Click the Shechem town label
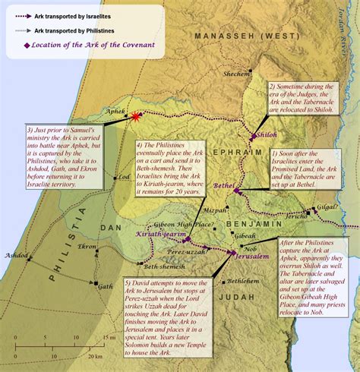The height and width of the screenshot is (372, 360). pyautogui.click(x=235, y=74)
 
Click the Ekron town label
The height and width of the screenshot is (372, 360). pyautogui.click(x=86, y=247)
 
